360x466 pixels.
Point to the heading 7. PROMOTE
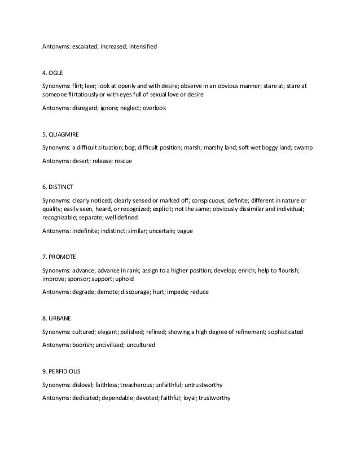60,257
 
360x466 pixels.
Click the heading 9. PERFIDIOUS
64,371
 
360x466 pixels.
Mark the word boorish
85,345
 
